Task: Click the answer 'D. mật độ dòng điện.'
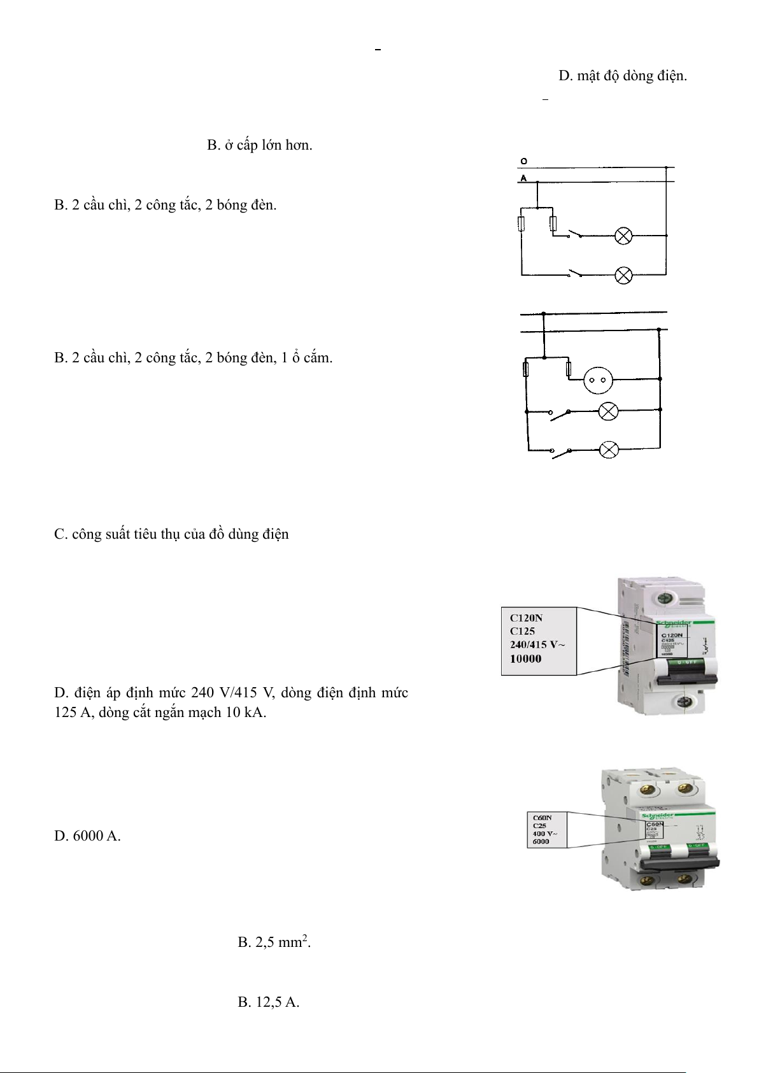pos(622,76)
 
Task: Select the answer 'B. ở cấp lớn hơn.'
pos(259,145)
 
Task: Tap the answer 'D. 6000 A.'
pos(87,835)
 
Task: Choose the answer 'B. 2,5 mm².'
pos(274,942)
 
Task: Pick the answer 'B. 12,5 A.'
pos(268,1002)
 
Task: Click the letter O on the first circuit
pos(523,162)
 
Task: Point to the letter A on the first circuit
pos(523,178)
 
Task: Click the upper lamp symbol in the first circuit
pos(623,236)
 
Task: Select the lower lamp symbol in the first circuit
pos(623,275)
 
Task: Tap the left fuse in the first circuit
pos(521,224)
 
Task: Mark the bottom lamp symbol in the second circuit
pos(609,451)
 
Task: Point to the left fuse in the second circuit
pos(526,369)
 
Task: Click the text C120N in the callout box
pos(526,617)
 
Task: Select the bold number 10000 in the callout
pos(525,659)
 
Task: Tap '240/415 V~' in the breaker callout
pos(537,644)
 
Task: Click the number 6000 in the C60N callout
pos(541,842)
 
